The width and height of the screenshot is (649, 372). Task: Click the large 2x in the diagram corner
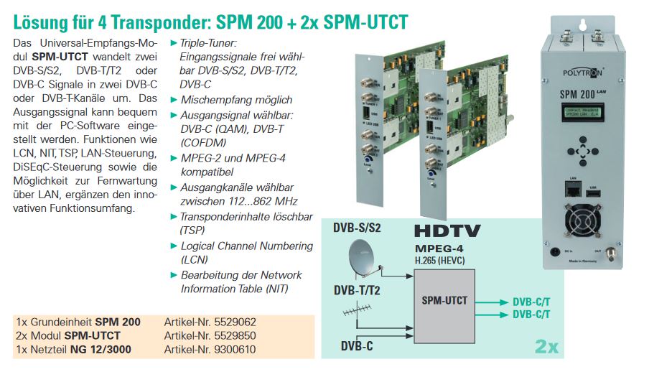tap(546, 347)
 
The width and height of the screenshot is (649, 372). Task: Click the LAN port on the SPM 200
tap(574, 189)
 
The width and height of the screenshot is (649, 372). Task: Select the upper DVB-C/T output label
tap(531, 302)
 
